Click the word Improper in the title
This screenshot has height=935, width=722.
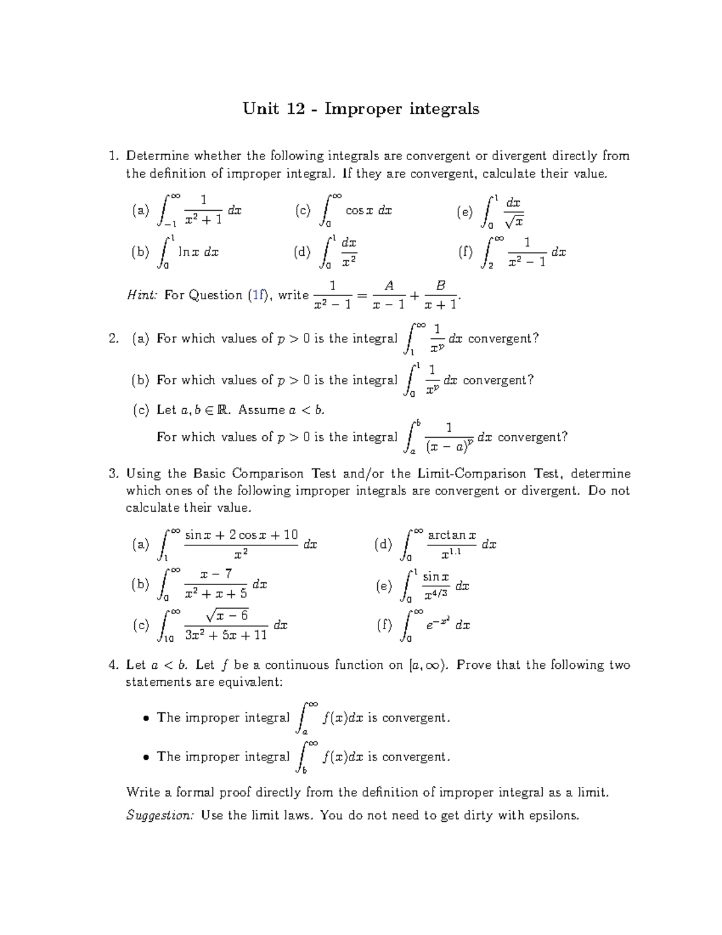click(x=363, y=109)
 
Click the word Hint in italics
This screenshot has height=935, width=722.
click(x=142, y=295)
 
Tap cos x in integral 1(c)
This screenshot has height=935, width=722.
click(x=359, y=211)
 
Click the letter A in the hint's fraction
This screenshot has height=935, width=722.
click(x=389, y=285)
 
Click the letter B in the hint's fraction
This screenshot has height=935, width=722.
click(x=440, y=285)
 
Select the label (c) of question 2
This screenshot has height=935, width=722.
click(x=141, y=410)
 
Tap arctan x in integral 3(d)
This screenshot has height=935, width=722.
click(x=451, y=535)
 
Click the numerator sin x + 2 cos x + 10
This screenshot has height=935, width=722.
click(x=241, y=535)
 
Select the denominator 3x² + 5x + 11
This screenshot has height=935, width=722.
click(x=226, y=635)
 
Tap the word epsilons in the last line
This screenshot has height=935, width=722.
click(x=554, y=816)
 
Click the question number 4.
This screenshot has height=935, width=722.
click(x=113, y=665)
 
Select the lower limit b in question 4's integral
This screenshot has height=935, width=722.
click(x=304, y=770)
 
